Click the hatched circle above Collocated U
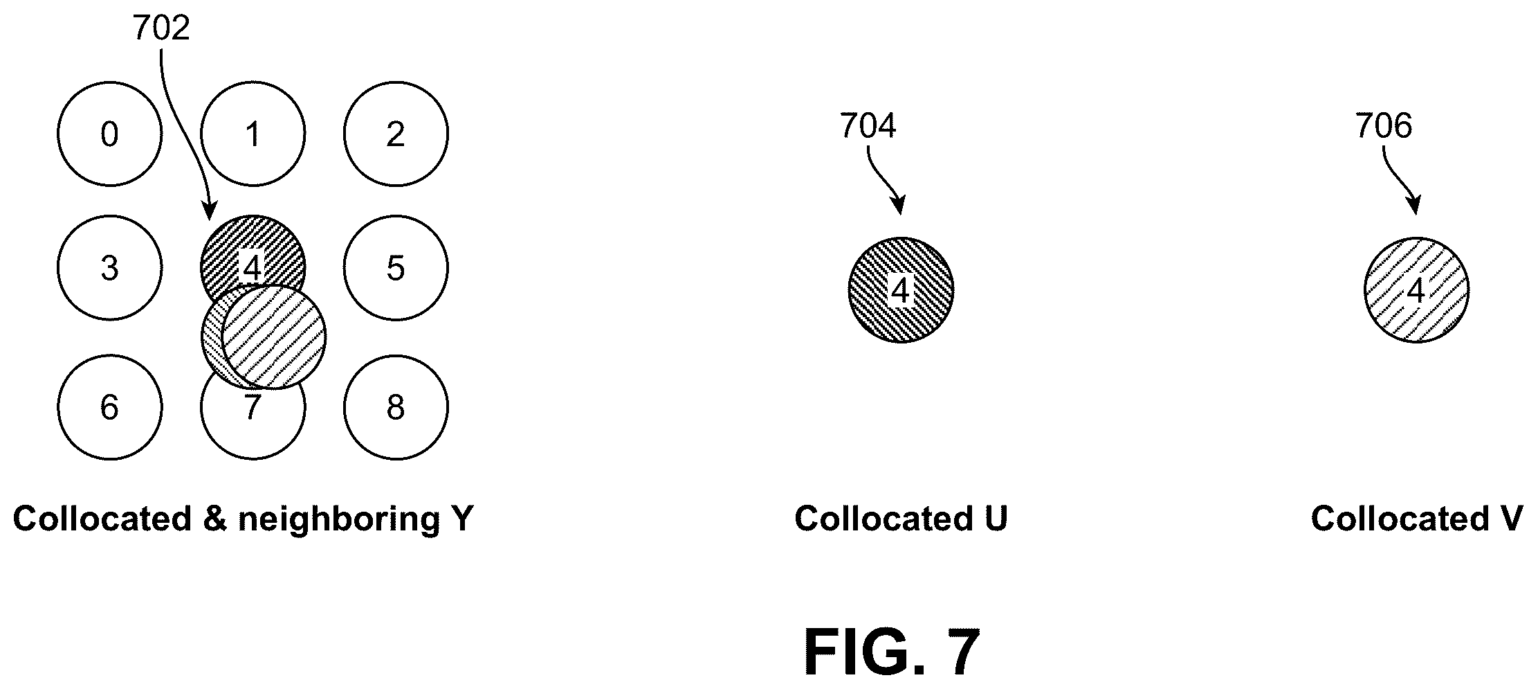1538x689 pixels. (901, 290)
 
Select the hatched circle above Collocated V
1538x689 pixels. (1416, 290)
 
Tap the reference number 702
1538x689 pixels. (161, 29)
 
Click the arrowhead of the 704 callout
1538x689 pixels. (899, 206)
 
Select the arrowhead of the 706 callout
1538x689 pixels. (1414, 206)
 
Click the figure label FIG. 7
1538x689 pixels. (892, 652)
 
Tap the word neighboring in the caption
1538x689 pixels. (338, 519)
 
